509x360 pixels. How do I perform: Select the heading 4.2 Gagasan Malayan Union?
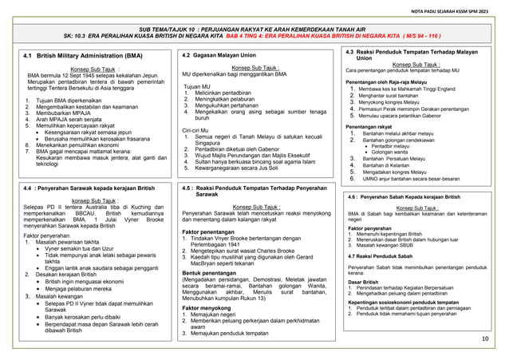(219, 55)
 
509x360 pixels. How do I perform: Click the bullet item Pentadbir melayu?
(390, 147)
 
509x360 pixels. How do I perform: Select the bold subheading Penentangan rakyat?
(371, 126)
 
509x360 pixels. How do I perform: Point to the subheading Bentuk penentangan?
(214, 273)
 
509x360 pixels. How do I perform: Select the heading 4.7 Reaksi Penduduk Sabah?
(385, 255)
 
